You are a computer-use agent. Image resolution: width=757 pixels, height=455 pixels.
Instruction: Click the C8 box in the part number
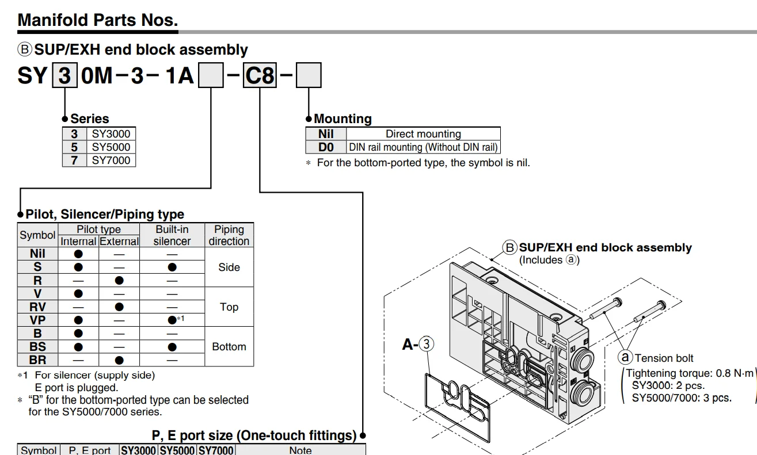[x=260, y=75]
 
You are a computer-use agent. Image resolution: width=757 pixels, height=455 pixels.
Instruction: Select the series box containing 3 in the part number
[x=64, y=75]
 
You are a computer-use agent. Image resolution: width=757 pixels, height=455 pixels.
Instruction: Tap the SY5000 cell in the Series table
[x=111, y=147]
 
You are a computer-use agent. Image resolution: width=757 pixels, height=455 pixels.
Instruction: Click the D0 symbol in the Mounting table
[x=326, y=147]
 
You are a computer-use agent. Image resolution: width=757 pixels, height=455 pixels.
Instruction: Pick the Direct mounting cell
[x=423, y=134]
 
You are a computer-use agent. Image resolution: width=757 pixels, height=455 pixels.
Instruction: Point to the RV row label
[x=37, y=307]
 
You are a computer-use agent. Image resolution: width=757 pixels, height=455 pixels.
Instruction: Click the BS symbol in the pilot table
[x=37, y=346]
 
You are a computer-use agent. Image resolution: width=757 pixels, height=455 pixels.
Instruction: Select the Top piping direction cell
[x=229, y=307]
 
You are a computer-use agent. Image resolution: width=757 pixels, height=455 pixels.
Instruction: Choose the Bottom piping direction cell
[x=229, y=346]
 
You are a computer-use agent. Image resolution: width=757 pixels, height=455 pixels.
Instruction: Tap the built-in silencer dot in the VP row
[x=172, y=320]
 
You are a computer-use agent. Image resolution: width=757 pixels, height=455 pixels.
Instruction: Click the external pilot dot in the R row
[x=119, y=280]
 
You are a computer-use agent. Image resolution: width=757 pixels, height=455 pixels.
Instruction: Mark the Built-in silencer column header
[x=172, y=235]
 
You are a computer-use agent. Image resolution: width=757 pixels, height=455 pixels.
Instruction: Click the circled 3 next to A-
[x=427, y=344]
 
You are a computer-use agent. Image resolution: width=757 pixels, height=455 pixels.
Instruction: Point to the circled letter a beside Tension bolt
[x=625, y=357]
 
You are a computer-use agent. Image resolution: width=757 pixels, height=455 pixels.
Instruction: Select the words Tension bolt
[x=664, y=358]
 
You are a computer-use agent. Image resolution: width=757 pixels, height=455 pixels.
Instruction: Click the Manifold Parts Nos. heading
[x=98, y=20]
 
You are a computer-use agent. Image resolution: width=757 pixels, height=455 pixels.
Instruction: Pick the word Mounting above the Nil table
[x=343, y=118]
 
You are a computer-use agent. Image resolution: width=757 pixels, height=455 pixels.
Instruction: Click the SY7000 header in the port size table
[x=216, y=450]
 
